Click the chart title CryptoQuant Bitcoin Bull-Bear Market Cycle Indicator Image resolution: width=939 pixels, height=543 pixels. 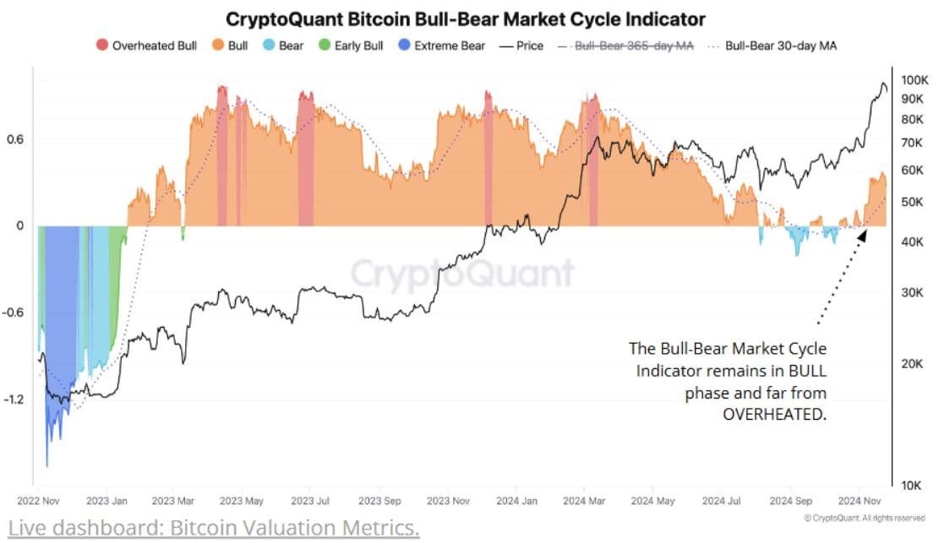[465, 19]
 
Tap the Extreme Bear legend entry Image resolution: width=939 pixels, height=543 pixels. [442, 46]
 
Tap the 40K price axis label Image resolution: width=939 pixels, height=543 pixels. [913, 242]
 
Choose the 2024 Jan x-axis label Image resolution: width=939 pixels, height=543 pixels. [516, 501]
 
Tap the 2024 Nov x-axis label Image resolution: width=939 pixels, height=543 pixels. [860, 501]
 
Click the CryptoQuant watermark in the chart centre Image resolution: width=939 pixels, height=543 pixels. [461, 274]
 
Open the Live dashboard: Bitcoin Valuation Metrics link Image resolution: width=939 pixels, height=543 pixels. [210, 529]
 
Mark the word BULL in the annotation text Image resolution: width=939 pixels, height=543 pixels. [805, 371]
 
